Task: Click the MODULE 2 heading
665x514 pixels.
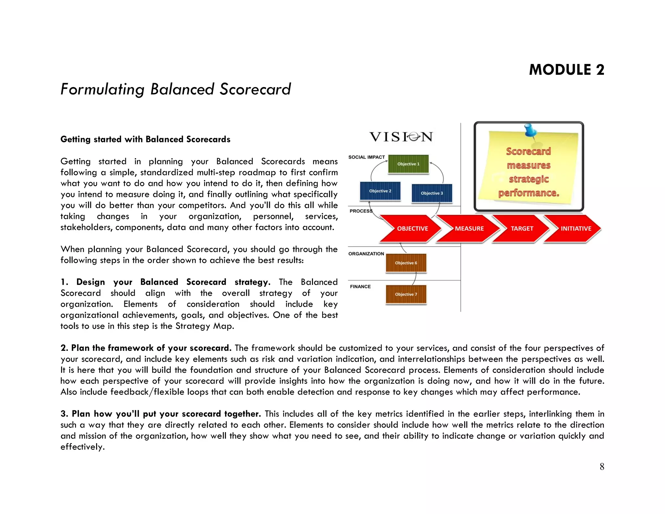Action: click(566, 70)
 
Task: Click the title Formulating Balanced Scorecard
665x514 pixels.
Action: click(176, 89)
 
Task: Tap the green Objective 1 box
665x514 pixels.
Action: click(408, 164)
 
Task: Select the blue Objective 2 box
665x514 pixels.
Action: click(380, 191)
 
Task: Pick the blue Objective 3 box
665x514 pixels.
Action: click(432, 193)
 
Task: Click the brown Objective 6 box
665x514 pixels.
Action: click(406, 263)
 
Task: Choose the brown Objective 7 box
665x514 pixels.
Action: click(406, 294)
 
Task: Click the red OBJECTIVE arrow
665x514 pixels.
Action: click(411, 229)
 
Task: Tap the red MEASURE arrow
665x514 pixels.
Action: click(468, 229)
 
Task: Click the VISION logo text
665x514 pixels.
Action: click(401, 137)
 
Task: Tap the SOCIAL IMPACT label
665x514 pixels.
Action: click(366, 157)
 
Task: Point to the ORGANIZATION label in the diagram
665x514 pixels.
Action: click(366, 254)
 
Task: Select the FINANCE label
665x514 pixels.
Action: click(360, 287)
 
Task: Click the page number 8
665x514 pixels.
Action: click(602, 467)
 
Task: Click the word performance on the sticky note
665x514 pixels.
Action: click(529, 193)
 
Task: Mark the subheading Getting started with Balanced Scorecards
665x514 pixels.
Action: click(145, 139)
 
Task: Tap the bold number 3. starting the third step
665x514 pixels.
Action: click(64, 414)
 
